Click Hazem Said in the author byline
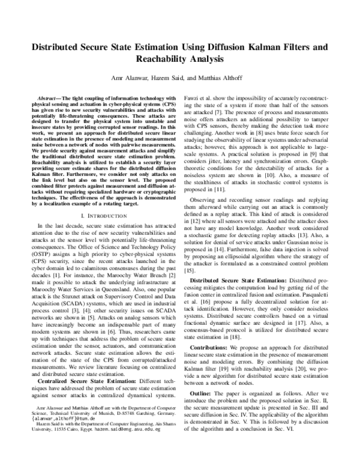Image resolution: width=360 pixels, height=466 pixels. pyautogui.click(x=174, y=78)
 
